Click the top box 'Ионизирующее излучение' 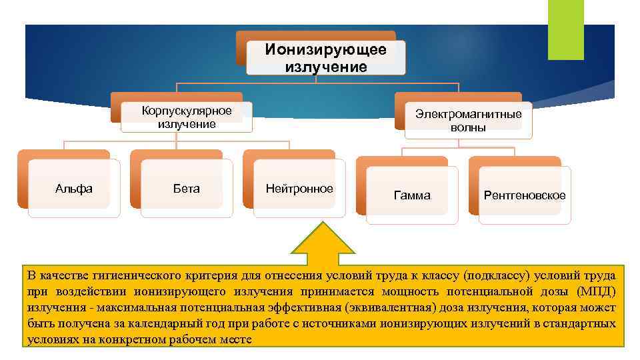[325, 58]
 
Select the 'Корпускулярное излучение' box [187, 117]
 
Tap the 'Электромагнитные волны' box [468, 120]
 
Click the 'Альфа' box [74, 189]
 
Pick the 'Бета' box [186, 189]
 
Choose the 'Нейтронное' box [299, 189]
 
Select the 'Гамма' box [412, 195]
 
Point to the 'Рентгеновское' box [525, 195]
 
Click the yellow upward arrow [325, 243]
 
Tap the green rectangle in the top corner [565, 29]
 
